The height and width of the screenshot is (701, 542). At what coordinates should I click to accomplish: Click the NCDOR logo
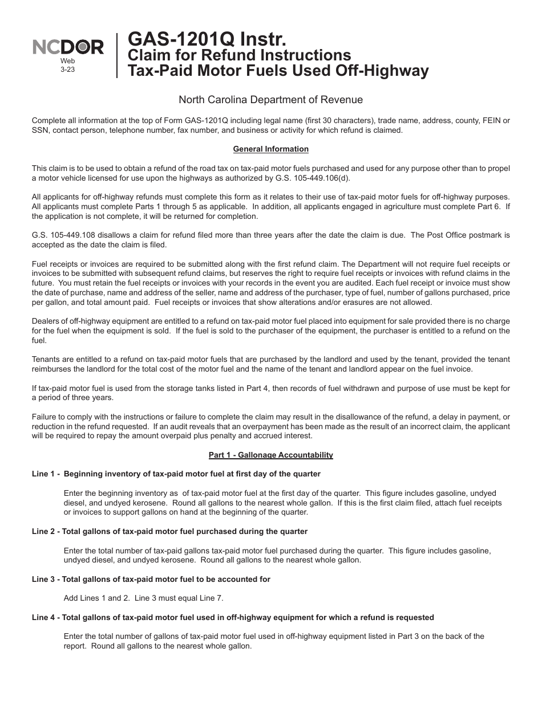pos(68,47)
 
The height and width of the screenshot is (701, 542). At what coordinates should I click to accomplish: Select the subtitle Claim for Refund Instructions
pos(239,55)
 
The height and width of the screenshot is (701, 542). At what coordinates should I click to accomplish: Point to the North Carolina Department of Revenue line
pos(270,100)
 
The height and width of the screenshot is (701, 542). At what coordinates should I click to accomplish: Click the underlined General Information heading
pos(270,149)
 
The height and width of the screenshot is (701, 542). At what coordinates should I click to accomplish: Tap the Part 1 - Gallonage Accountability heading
pos(270,455)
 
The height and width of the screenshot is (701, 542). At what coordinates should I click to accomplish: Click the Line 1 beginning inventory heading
pos(176,474)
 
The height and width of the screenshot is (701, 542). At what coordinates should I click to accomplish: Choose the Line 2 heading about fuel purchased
pos(169,531)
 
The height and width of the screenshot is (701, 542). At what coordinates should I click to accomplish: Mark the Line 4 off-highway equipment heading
pos(233,617)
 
